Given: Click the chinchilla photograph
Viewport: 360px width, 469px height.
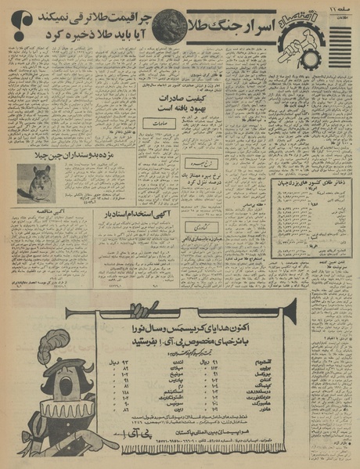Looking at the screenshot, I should point(39,184).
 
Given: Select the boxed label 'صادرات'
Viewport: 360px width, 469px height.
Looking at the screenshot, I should point(157,122).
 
